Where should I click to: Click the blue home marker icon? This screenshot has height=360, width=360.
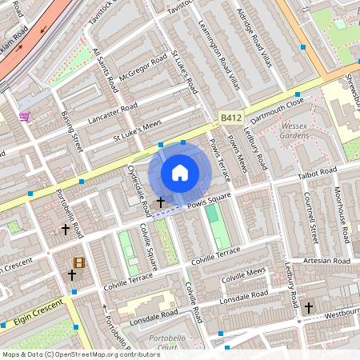(x=180, y=173)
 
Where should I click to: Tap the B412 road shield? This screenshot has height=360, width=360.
(x=230, y=118)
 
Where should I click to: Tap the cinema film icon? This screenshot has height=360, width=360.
(x=78, y=262)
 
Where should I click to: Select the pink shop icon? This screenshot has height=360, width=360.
(x=25, y=117)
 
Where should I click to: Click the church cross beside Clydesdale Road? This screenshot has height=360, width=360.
(x=161, y=203)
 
